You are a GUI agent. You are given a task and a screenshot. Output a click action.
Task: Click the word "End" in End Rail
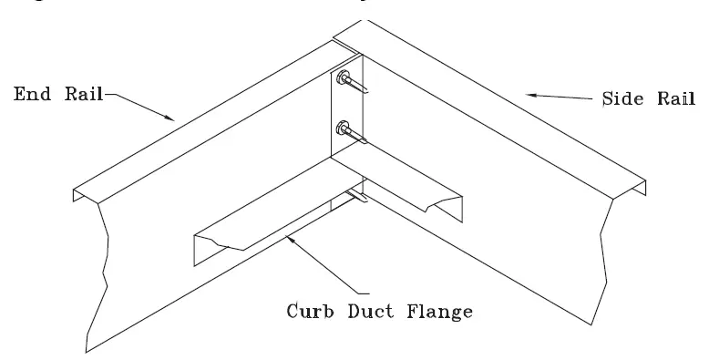point(27,93)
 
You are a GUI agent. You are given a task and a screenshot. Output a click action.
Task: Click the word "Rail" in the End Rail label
point(77,93)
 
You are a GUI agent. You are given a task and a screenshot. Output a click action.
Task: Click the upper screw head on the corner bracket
point(345,79)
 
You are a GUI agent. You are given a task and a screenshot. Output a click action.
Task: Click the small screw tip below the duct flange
point(359,196)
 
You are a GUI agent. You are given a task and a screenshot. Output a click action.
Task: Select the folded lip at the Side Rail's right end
point(642,189)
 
